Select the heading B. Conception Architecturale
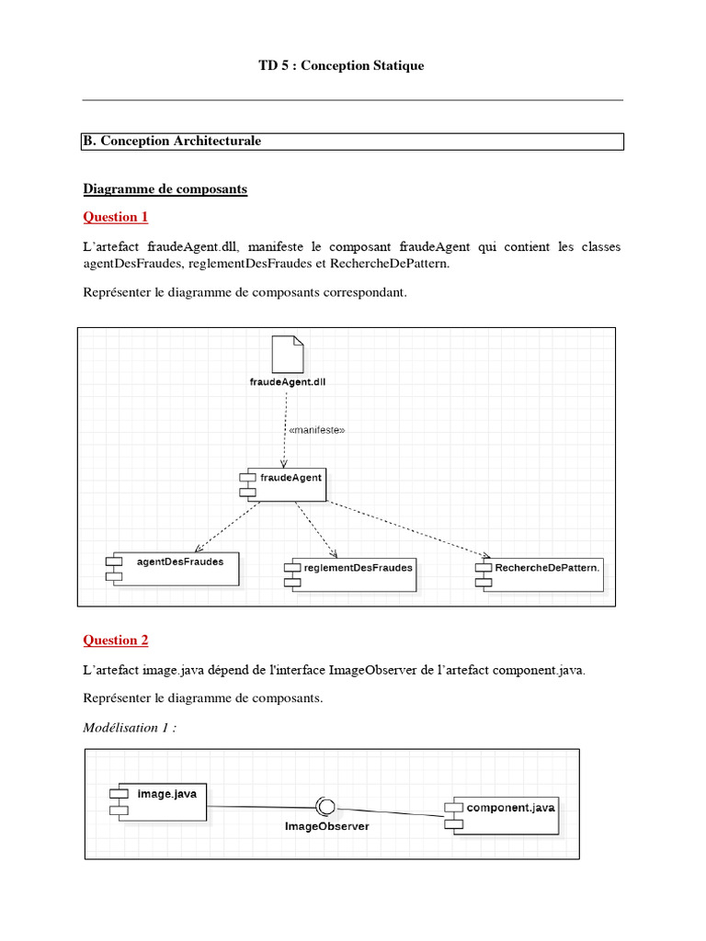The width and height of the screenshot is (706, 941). click(x=173, y=142)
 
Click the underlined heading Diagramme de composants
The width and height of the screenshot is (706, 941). click(x=165, y=189)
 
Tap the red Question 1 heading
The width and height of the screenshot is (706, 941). click(x=116, y=217)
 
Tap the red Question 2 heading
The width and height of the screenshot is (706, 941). click(x=116, y=640)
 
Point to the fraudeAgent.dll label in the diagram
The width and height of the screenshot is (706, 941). click(x=287, y=381)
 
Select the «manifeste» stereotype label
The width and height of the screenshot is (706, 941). click(x=316, y=429)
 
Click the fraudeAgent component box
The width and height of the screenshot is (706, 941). click(x=283, y=484)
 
